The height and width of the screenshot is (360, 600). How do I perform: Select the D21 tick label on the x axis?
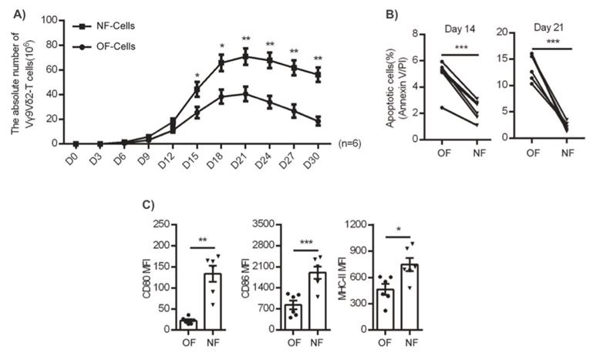point(245,152)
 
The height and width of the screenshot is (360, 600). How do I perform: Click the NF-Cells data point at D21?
point(245,56)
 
